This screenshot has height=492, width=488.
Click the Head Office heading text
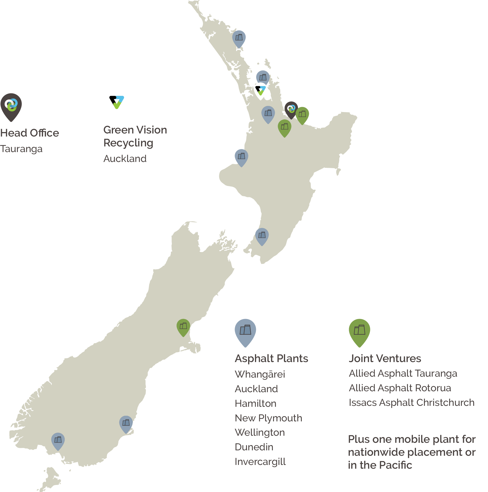click(x=30, y=133)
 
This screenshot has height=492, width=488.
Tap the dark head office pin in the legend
click(x=11, y=106)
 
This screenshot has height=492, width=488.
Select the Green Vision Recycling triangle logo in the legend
click(x=117, y=102)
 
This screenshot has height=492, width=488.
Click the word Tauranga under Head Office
click(x=21, y=149)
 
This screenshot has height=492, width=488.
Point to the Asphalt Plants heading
click(x=271, y=359)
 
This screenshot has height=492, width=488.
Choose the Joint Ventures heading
click(x=385, y=359)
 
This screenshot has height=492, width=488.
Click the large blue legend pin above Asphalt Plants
click(x=245, y=331)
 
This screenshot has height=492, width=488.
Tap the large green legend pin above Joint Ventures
click(x=359, y=331)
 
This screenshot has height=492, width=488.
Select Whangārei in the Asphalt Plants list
click(x=260, y=374)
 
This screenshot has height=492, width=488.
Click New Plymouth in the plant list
click(x=268, y=418)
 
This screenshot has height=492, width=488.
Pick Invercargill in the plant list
click(x=260, y=462)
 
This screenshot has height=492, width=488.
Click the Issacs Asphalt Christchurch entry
click(x=411, y=403)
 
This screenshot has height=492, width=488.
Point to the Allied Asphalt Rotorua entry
click(x=400, y=388)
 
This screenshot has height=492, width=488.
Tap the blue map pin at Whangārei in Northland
click(x=239, y=38)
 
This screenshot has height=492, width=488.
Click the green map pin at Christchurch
click(x=183, y=327)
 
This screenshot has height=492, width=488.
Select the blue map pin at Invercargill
click(x=58, y=440)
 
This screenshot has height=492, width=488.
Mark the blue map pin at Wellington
click(x=262, y=236)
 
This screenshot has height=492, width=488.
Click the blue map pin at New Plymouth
click(x=241, y=157)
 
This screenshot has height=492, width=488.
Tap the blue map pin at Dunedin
click(x=126, y=423)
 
